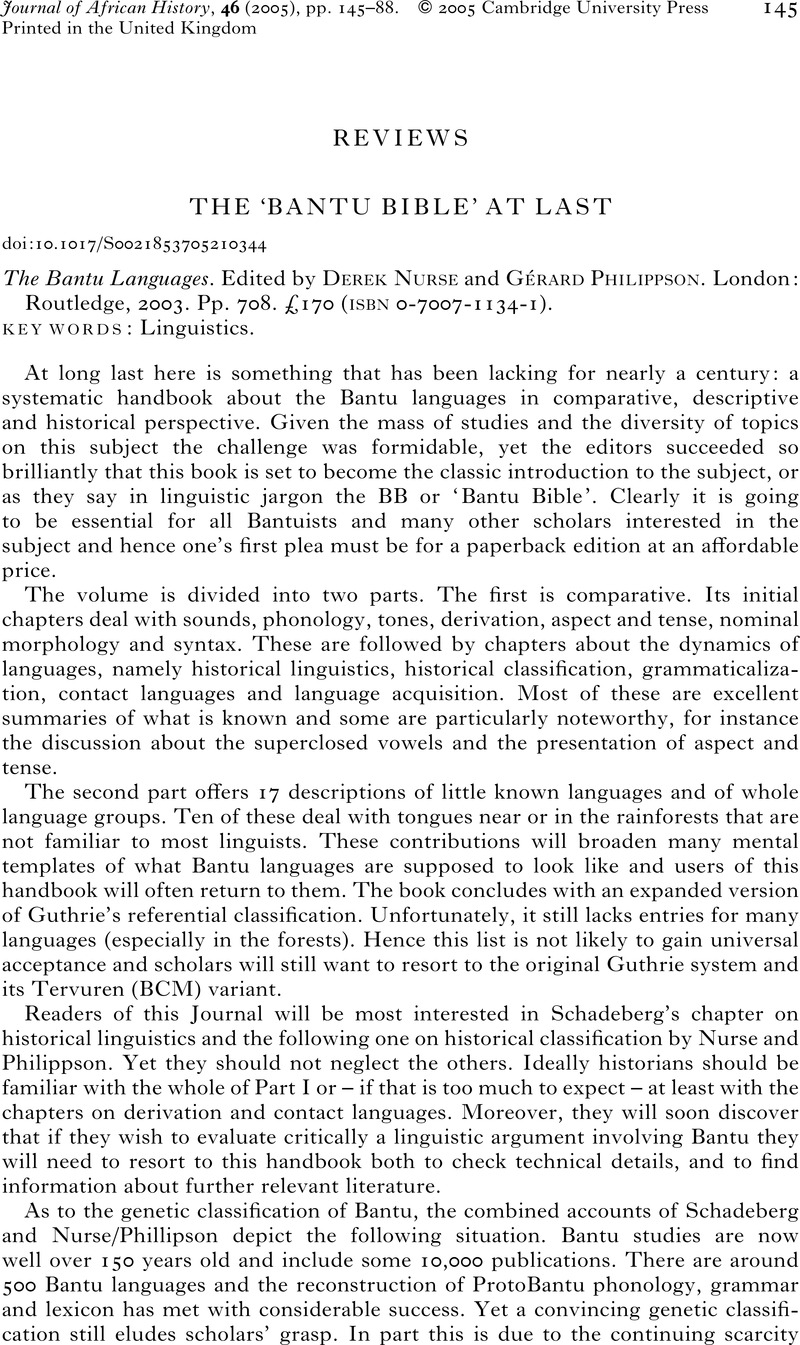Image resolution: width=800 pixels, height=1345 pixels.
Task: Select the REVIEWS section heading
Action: point(399,139)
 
